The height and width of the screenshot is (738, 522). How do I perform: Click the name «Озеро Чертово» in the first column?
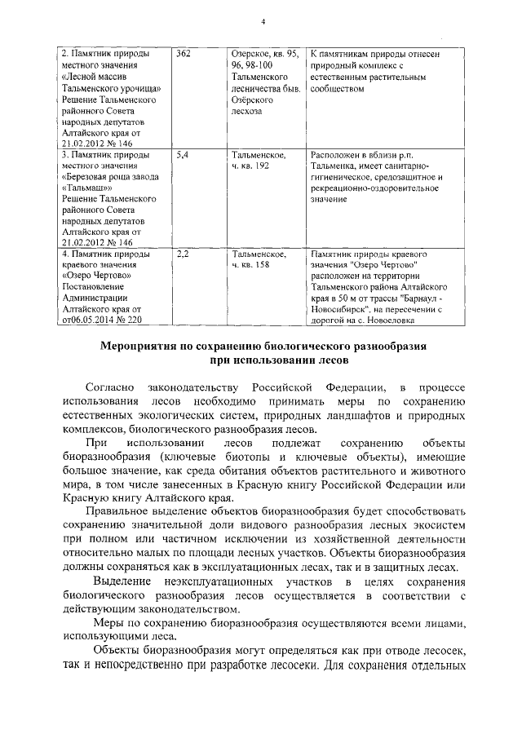pos(96,276)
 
